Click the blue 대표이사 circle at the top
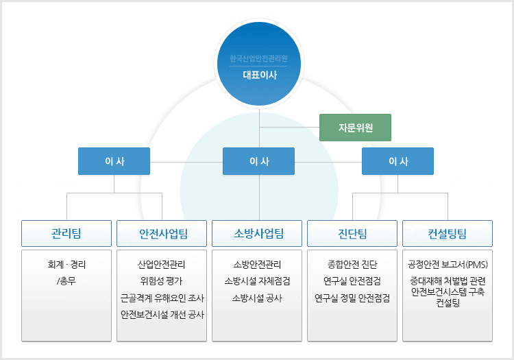(x=259, y=64)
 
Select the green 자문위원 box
(x=355, y=128)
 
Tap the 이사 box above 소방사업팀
(x=258, y=161)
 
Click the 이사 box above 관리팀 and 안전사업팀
(x=114, y=161)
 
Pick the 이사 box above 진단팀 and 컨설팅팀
(x=397, y=161)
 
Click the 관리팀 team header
(x=66, y=233)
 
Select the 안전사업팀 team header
(x=162, y=233)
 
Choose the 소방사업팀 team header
(x=257, y=233)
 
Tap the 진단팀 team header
(x=352, y=233)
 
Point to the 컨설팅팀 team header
(x=448, y=233)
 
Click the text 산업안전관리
(x=162, y=265)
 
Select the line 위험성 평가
(x=161, y=281)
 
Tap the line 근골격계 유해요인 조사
(x=162, y=298)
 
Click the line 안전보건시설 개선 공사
(x=162, y=315)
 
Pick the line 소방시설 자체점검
(x=257, y=281)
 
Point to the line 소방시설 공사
(x=257, y=298)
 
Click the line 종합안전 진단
(x=352, y=265)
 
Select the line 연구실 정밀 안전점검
(x=352, y=298)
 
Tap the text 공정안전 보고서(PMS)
(x=448, y=265)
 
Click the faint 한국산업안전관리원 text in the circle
(x=258, y=59)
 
